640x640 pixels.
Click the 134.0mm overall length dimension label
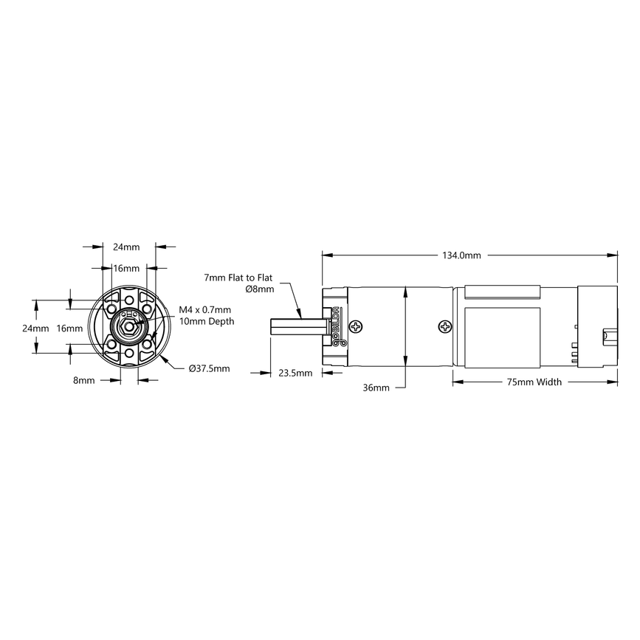click(x=461, y=255)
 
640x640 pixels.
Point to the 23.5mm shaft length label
click(x=295, y=373)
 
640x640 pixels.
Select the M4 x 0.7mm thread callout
click(x=205, y=310)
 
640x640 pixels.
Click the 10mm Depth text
click(x=207, y=321)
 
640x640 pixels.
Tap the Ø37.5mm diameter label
click(x=209, y=368)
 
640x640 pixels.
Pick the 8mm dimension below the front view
click(x=83, y=381)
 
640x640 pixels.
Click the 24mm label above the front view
click(x=125, y=247)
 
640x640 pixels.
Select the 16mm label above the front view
click(x=125, y=268)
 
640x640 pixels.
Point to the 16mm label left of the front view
click(x=70, y=328)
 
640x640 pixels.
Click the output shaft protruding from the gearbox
click(x=296, y=326)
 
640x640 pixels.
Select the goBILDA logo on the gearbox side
click(x=337, y=326)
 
